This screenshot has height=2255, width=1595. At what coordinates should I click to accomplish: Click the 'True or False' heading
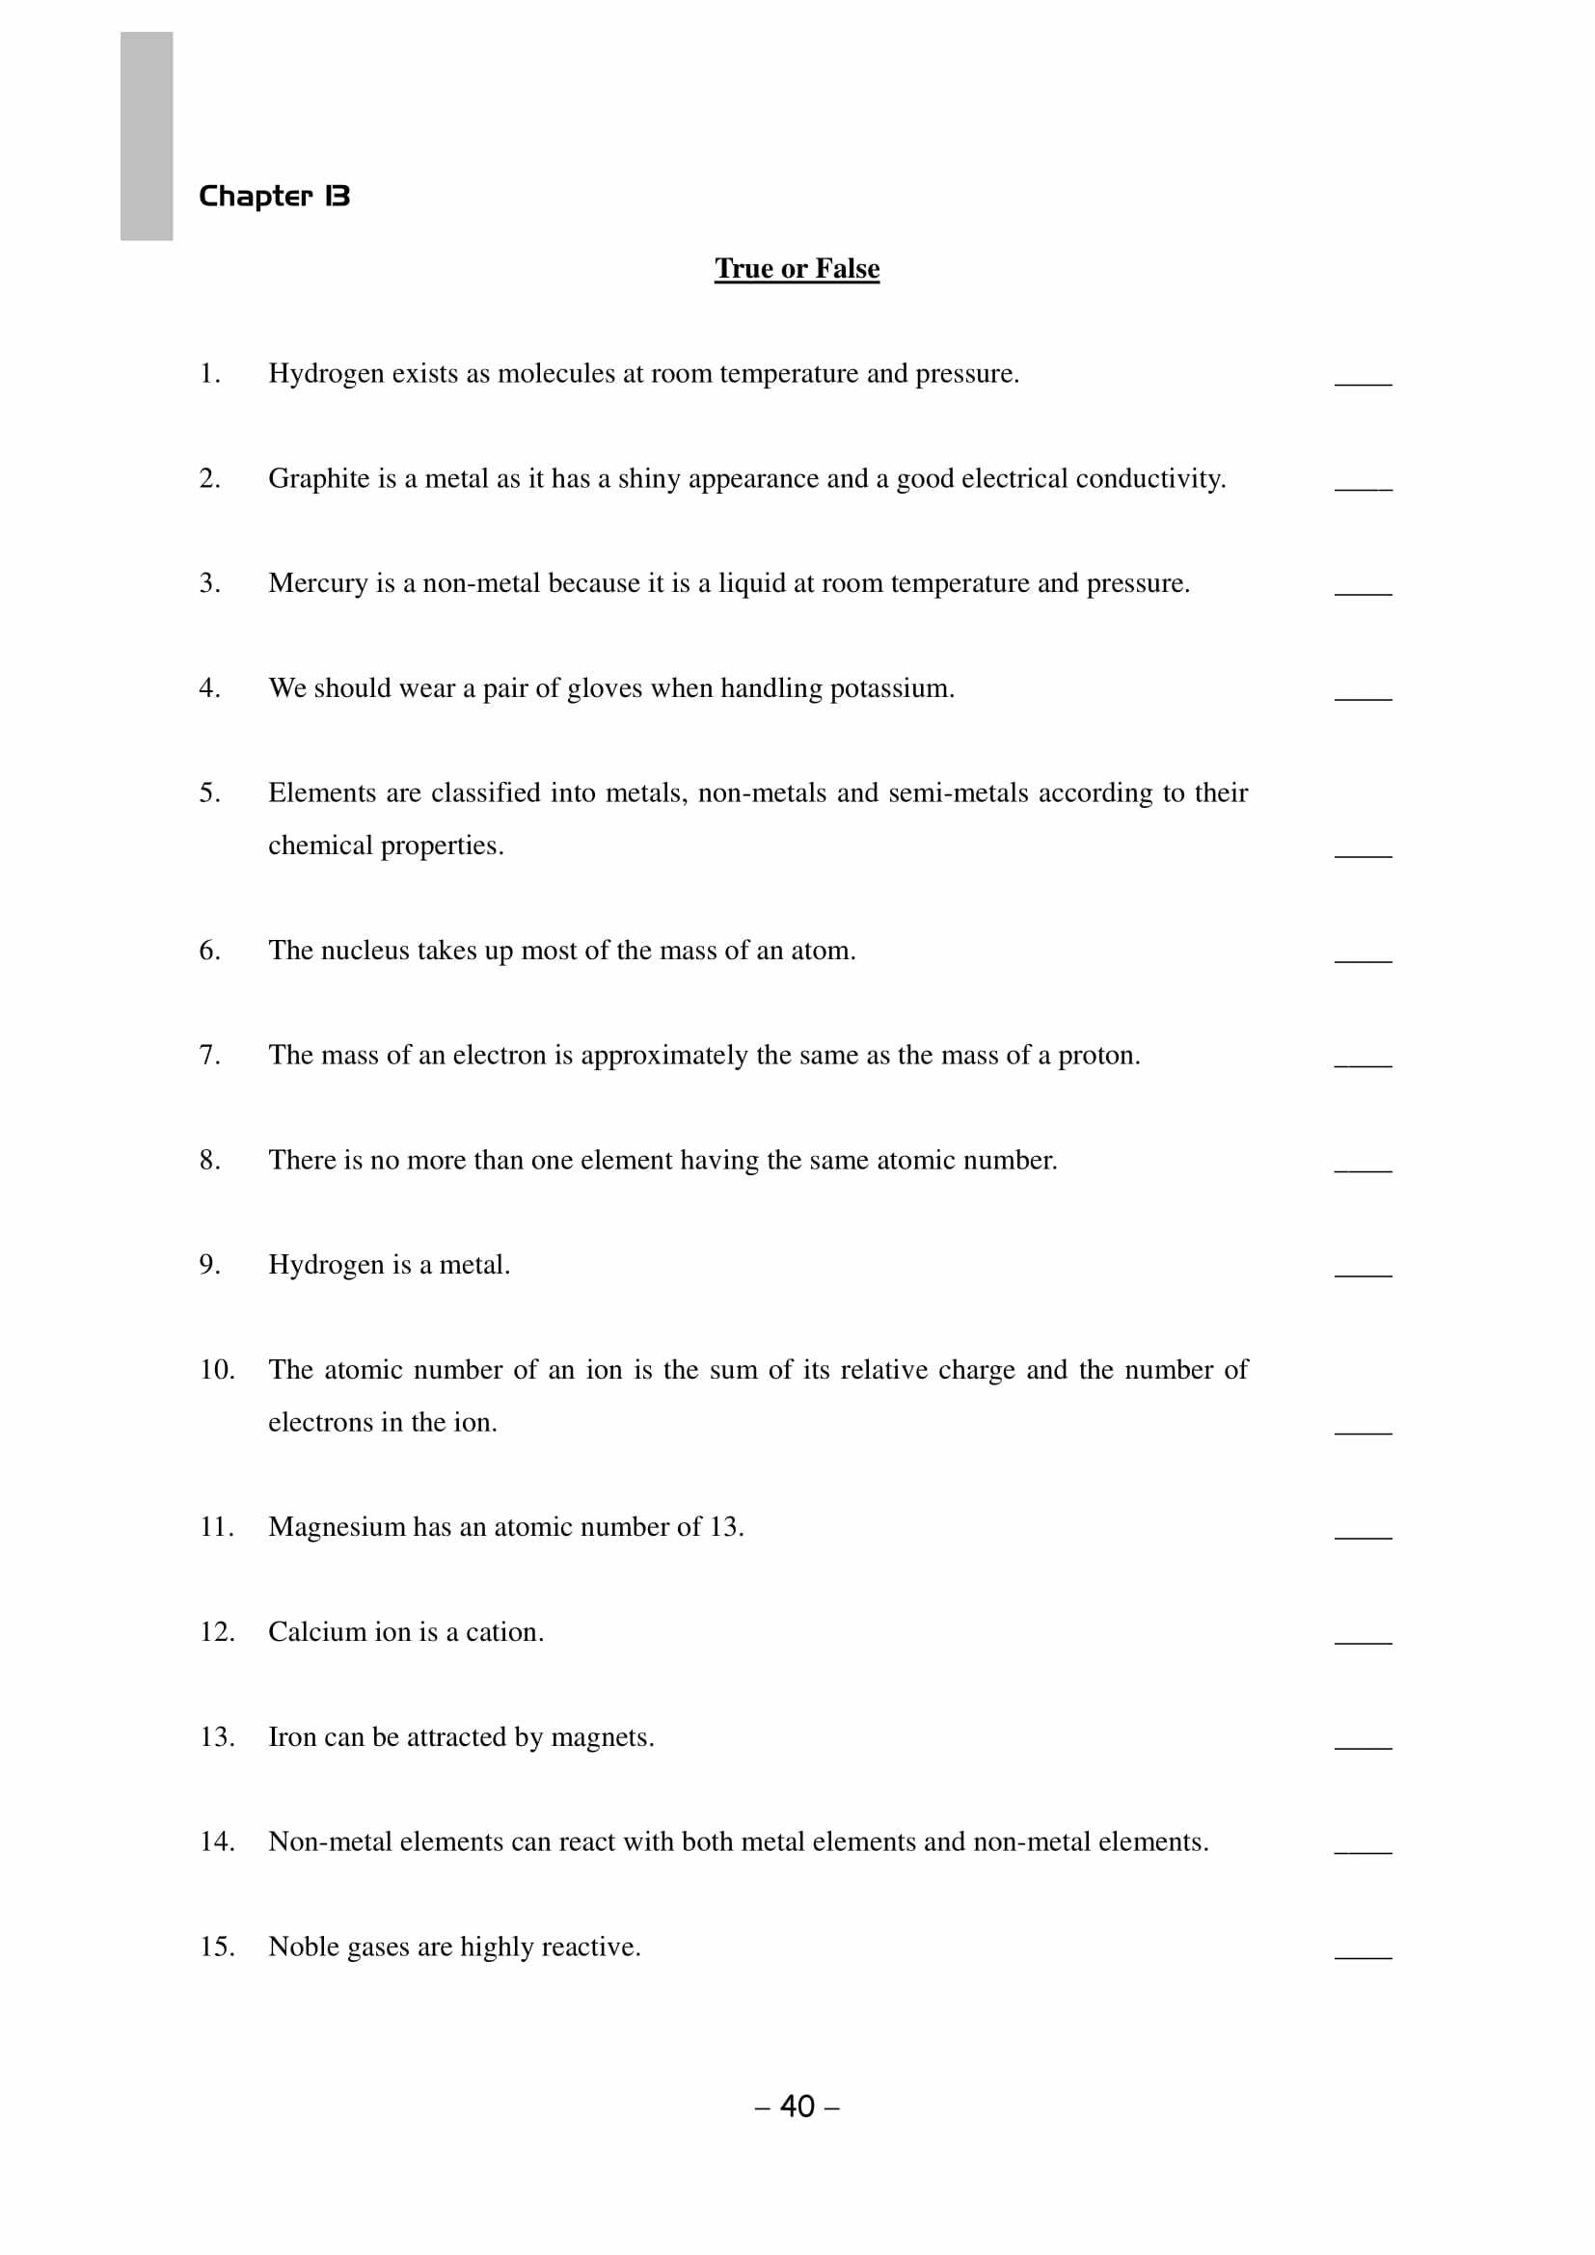click(797, 268)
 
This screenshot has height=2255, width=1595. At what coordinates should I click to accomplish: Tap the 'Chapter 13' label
click(274, 197)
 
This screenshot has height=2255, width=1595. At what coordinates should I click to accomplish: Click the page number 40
click(797, 2106)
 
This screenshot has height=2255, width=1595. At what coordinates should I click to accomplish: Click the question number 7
click(209, 1055)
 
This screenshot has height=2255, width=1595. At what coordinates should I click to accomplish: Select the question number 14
click(217, 1841)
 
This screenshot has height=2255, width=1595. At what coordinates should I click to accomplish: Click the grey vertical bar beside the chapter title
click(147, 136)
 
